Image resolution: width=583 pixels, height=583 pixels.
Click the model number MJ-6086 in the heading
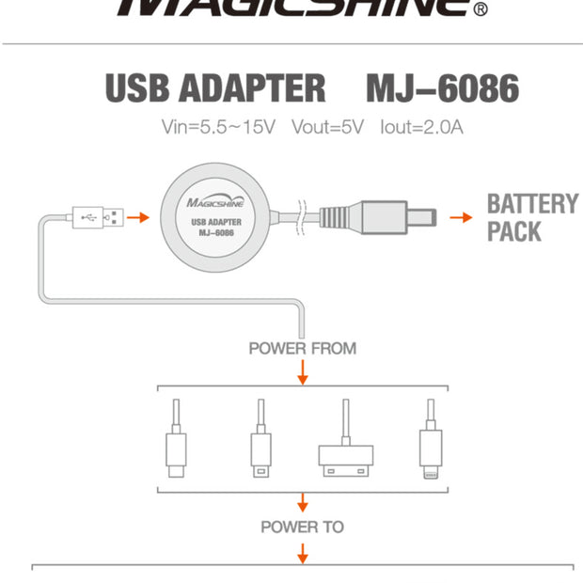click(441, 87)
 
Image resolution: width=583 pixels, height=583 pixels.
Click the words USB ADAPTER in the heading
click(215, 87)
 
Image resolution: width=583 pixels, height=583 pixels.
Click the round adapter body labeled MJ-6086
click(218, 217)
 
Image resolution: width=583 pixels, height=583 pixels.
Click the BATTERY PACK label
click(532, 217)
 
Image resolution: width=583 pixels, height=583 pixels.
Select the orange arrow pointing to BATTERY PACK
click(460, 217)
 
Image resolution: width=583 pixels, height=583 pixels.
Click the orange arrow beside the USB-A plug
click(138, 217)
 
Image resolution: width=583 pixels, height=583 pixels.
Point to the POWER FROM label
click(303, 349)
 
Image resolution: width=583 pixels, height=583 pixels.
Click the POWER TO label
click(303, 527)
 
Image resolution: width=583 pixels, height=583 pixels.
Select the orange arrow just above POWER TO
click(303, 501)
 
